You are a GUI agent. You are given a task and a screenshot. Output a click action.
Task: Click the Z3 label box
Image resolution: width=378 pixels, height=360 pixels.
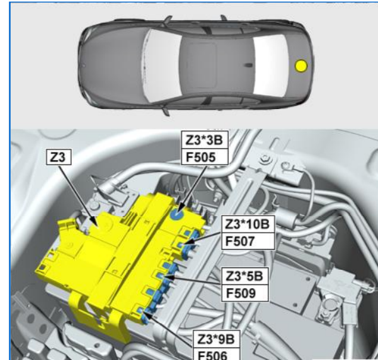click(59, 158)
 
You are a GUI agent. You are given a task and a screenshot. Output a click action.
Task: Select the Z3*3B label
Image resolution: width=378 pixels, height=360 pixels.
click(204, 140)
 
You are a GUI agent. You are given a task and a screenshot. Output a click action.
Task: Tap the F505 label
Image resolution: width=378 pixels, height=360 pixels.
click(204, 157)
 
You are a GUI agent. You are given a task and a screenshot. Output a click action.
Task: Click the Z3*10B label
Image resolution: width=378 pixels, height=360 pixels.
click(248, 224)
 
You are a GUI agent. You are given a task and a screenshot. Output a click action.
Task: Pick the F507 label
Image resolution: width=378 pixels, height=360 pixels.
click(248, 241)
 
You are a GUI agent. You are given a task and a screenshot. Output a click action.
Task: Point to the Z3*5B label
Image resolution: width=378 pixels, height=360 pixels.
click(244, 276)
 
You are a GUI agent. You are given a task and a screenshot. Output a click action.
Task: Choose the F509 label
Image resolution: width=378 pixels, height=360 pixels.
click(244, 293)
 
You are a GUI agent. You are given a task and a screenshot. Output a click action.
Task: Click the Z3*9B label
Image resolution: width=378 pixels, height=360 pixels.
click(217, 339)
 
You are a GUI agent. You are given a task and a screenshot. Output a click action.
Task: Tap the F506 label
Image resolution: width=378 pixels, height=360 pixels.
click(217, 354)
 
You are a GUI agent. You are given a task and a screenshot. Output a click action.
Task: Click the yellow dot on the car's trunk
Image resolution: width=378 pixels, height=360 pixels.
click(301, 66)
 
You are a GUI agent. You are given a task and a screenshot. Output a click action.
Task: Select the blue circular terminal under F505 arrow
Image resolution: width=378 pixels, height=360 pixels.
click(177, 214)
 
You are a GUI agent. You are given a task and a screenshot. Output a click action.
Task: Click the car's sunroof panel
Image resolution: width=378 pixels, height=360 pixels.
click(202, 65)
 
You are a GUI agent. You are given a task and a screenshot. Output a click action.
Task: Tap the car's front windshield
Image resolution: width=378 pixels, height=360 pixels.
click(161, 66)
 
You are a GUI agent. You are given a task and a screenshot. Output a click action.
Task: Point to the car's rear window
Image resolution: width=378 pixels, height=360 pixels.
click(270, 65)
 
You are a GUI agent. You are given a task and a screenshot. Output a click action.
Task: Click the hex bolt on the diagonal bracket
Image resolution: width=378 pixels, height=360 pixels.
click(265, 158)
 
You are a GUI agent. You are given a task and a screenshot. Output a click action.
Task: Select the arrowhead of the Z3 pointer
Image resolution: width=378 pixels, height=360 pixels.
click(96, 223)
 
